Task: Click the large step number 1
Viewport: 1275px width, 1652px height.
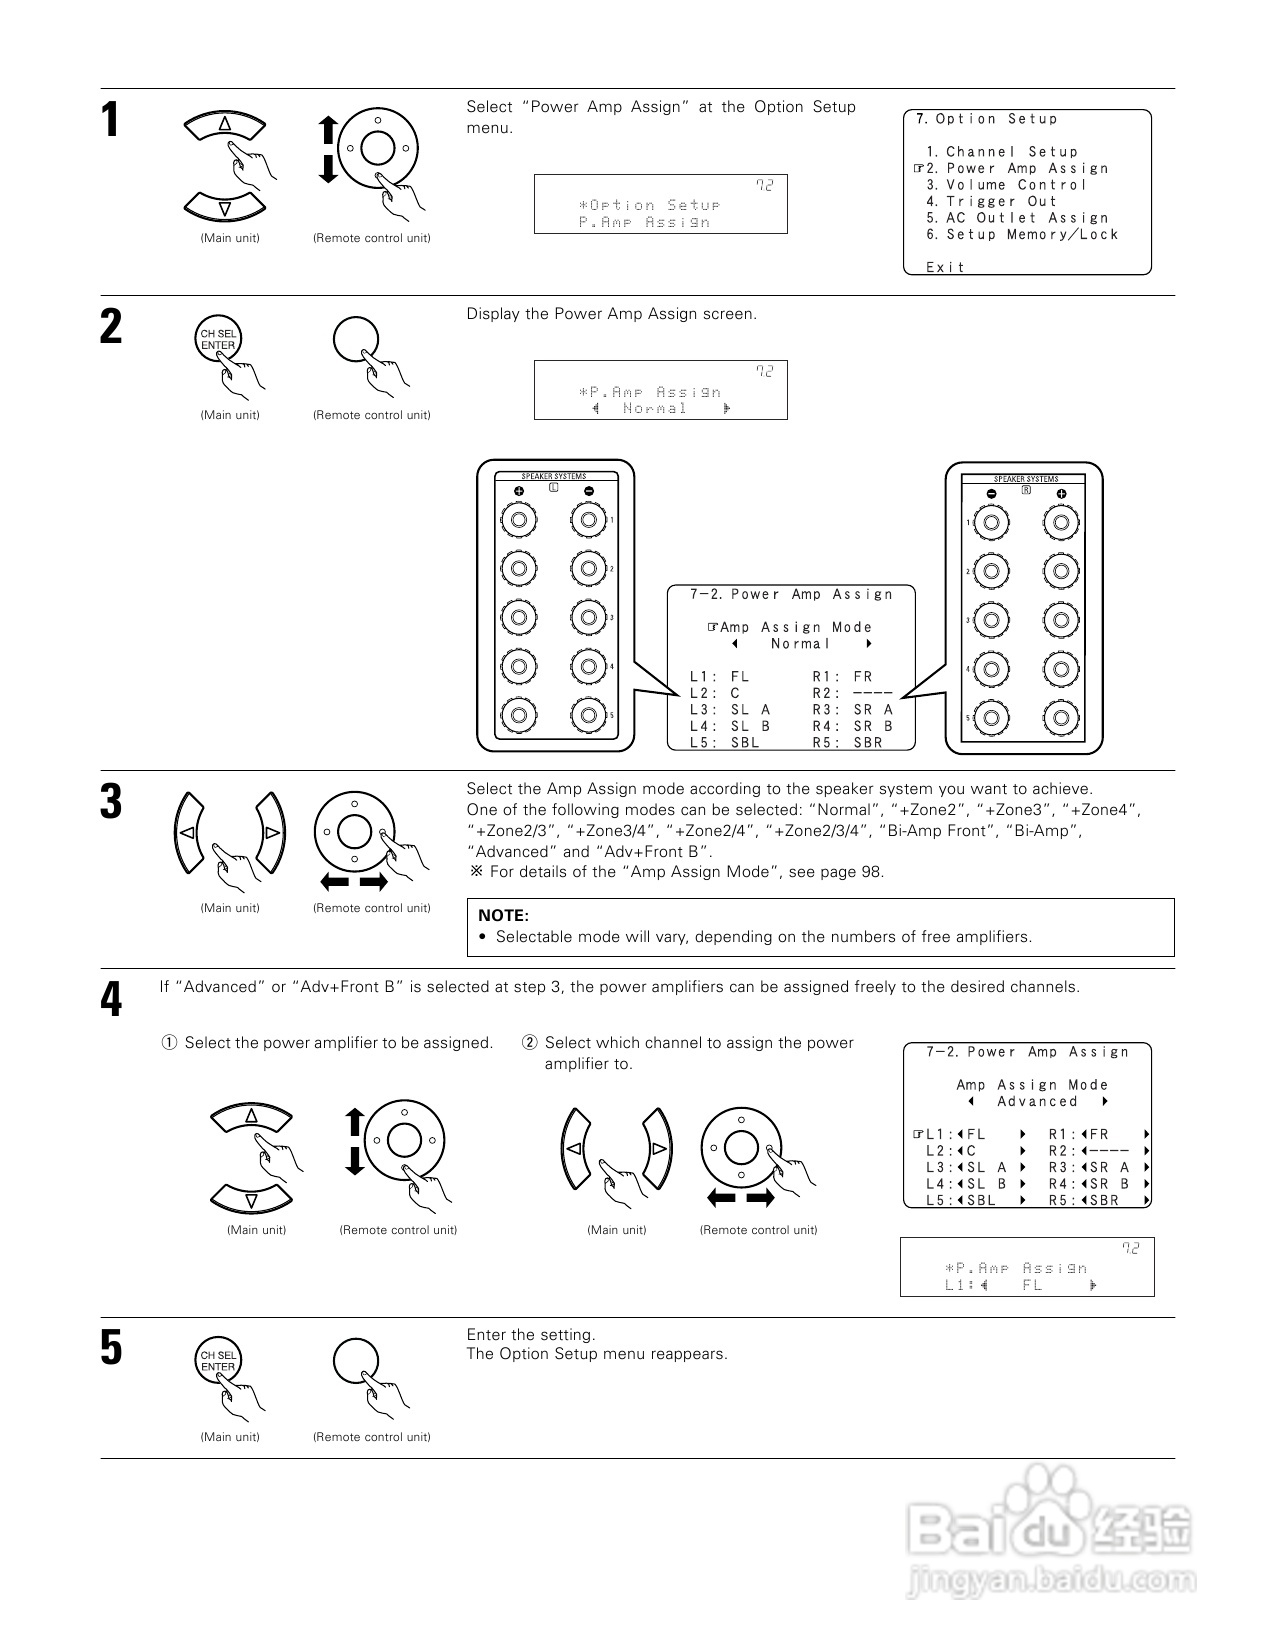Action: click(110, 120)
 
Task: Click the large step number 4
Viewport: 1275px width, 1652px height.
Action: click(111, 999)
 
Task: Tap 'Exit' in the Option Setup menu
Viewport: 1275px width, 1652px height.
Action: click(945, 267)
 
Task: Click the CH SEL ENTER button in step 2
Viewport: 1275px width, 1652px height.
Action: click(217, 340)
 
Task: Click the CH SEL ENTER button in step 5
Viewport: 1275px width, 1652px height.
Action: click(217, 1361)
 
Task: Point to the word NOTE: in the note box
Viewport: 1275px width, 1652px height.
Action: click(503, 915)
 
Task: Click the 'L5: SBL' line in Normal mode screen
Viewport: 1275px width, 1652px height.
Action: click(725, 742)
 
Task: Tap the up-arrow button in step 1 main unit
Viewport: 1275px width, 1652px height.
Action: click(225, 125)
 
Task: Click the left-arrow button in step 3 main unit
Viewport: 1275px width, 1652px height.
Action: click(185, 832)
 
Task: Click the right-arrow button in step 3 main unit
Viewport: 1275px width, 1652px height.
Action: click(271, 832)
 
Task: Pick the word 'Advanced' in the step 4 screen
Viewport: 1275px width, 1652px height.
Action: click(1037, 1102)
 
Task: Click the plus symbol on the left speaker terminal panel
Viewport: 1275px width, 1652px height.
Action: click(519, 491)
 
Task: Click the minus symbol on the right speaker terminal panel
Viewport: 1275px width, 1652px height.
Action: click(991, 494)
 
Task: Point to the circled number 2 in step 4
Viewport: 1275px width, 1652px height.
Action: click(530, 1043)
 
